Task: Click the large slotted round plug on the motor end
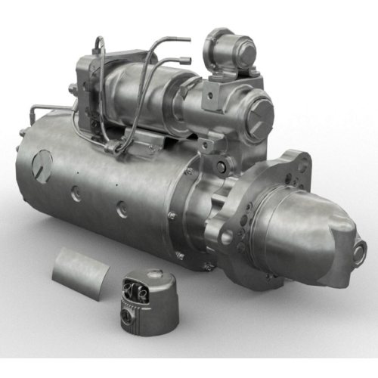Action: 42,166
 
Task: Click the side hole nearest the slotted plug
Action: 76,194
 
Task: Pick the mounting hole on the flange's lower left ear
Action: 227,237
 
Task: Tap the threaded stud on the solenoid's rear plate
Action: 73,89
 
